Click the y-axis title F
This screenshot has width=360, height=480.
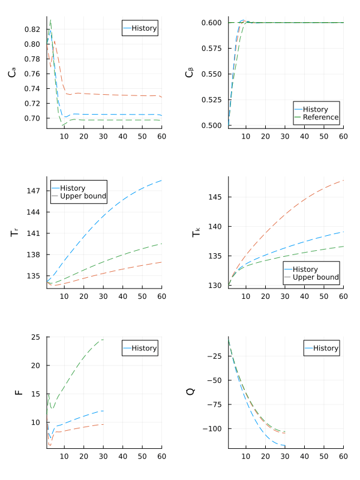(x=19, y=392)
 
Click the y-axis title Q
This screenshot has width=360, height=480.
(x=191, y=392)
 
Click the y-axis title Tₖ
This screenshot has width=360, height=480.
(x=196, y=232)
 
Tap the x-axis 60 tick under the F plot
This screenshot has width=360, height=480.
(x=162, y=457)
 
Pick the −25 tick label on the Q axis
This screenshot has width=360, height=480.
(x=217, y=356)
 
